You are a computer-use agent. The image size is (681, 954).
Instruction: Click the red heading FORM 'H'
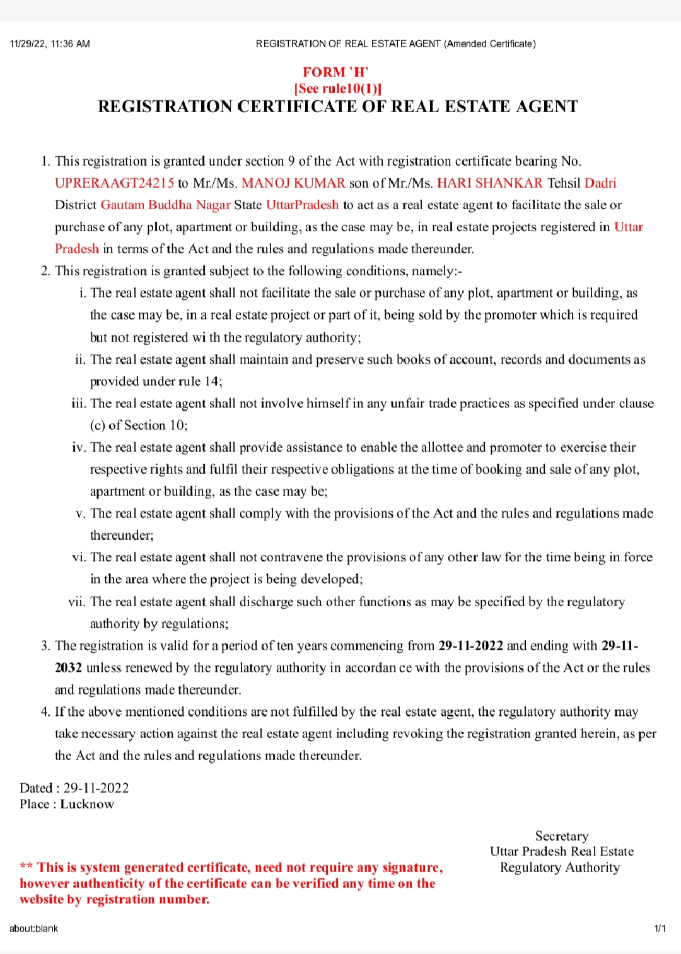coord(335,72)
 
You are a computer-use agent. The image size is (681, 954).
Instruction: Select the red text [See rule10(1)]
coord(338,89)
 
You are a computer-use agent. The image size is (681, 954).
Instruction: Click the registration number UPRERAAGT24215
coord(114,183)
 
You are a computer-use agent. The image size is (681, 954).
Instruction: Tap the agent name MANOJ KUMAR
coord(293,183)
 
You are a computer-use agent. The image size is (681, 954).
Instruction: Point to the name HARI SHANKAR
coord(489,183)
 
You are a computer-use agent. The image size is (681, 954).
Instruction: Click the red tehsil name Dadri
coord(600,183)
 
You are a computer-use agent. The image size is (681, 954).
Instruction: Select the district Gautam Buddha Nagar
coord(165,205)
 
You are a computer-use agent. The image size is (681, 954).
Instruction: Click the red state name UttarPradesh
coord(302,205)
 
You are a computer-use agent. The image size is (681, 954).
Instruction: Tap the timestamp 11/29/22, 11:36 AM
coord(50,44)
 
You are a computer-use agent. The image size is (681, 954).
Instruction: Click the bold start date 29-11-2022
coord(470,646)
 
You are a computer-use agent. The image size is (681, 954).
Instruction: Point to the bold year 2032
coord(68,668)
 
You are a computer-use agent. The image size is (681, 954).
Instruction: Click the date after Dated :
coord(96,788)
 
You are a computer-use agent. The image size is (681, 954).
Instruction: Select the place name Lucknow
coord(87,805)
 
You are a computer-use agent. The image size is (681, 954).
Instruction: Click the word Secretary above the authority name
coord(561,836)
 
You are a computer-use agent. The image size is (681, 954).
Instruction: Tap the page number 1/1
coord(660,928)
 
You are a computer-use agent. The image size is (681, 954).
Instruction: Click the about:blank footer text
coord(33,928)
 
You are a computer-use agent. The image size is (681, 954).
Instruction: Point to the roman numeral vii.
coord(76,602)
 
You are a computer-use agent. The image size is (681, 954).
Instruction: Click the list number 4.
coord(45,712)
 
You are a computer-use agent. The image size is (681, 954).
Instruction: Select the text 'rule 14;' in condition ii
coord(201,382)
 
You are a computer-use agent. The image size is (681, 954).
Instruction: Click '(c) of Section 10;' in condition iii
coord(139,425)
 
